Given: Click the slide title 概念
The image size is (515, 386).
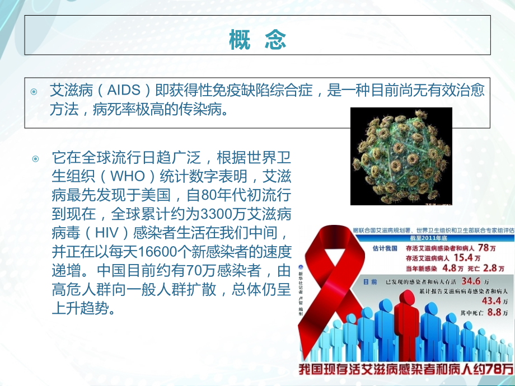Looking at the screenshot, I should point(257,40).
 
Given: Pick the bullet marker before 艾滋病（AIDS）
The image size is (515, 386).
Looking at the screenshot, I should point(35,91).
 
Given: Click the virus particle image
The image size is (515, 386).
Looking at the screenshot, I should point(400,157).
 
